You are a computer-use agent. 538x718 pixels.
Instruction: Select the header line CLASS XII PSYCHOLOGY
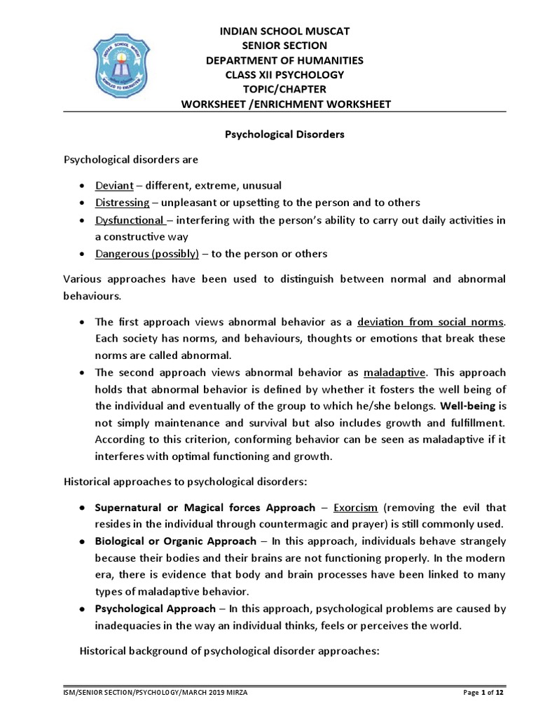point(285,75)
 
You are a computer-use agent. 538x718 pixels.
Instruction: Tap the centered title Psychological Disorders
point(284,134)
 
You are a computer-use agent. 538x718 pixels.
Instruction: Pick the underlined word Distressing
point(123,203)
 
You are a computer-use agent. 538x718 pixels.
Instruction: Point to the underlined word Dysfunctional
point(127,219)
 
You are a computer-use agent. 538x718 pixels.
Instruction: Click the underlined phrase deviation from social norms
point(430,322)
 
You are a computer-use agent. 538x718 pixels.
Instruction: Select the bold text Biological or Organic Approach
point(176,541)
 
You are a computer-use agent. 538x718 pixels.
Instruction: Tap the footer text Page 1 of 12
point(484,693)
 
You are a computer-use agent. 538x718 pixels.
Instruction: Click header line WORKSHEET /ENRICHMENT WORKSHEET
point(285,104)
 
